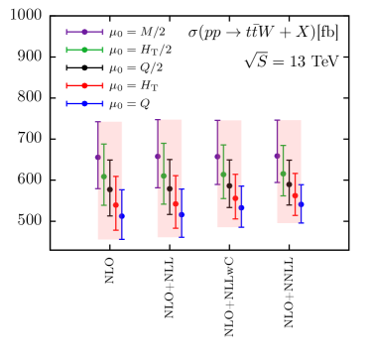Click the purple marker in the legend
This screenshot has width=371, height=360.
pyautogui.click(x=84, y=32)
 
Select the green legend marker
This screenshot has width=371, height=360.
pyautogui.click(x=84, y=50)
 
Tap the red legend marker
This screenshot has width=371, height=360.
pyautogui.click(x=84, y=85)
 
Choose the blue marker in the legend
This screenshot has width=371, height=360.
pyautogui.click(x=84, y=103)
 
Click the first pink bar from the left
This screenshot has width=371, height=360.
pyautogui.click(x=110, y=180)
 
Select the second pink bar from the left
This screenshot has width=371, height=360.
pyautogui.click(x=170, y=179)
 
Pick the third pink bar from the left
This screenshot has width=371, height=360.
pyautogui.click(x=229, y=175)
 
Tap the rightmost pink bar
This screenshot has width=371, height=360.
pyautogui.click(x=289, y=172)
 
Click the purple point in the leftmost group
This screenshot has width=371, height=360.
pyautogui.click(x=98, y=157)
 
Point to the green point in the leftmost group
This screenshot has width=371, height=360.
pyautogui.click(x=104, y=177)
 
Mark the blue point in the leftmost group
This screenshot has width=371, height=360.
pyautogui.click(x=122, y=215)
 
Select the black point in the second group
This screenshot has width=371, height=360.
pyautogui.click(x=170, y=188)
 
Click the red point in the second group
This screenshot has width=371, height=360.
pyautogui.click(x=176, y=204)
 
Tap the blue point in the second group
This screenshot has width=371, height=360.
pyautogui.click(x=182, y=214)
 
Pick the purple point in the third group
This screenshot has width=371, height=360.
pyautogui.click(x=217, y=156)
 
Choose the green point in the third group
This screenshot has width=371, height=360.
pyautogui.click(x=223, y=175)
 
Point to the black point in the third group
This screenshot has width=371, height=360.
pyautogui.click(x=229, y=185)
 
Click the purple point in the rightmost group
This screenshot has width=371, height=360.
pyautogui.click(x=277, y=155)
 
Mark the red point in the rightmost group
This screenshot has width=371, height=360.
pyautogui.click(x=295, y=194)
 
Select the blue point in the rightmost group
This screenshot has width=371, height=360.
pyautogui.click(x=301, y=203)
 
